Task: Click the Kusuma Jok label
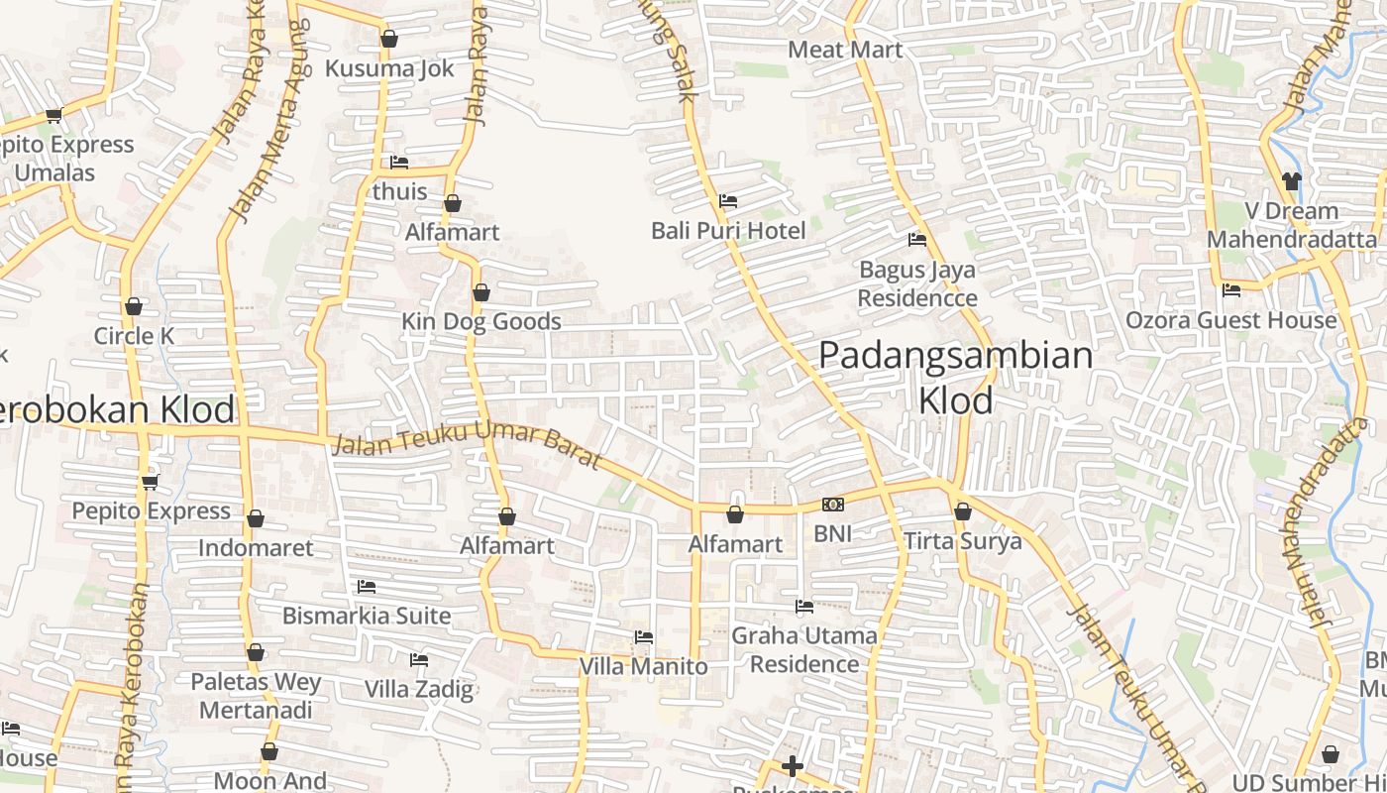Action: [x=389, y=68]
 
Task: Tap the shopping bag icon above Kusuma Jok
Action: [x=389, y=39]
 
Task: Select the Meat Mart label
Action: [x=845, y=50]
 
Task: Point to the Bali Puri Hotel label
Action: [x=728, y=230]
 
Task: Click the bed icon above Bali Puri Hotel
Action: [x=728, y=201]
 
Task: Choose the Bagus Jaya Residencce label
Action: [x=917, y=283]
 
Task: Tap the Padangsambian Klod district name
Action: [x=956, y=378]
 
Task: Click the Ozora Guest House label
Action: [x=1230, y=320]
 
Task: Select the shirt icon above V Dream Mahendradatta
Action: [x=1291, y=181]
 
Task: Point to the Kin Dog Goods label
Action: [x=481, y=321]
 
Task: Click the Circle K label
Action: [x=134, y=336]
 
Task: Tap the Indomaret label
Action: [x=256, y=547]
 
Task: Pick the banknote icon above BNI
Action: [x=833, y=505]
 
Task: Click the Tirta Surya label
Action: [x=962, y=541]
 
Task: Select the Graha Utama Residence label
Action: [x=804, y=649]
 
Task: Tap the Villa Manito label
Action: [x=644, y=666]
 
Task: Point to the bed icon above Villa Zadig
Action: [x=419, y=660]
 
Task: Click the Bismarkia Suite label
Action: [x=367, y=616]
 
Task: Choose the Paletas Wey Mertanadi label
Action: [x=256, y=696]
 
